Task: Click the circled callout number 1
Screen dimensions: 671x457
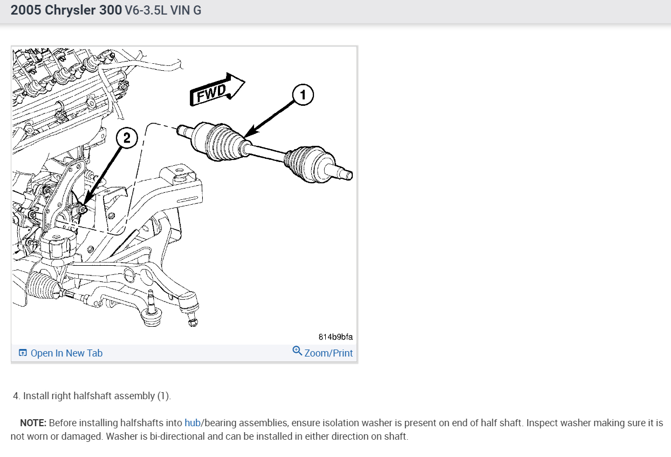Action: [x=303, y=95]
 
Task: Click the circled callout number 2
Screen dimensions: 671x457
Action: [x=127, y=138]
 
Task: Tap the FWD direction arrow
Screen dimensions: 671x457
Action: [x=217, y=90]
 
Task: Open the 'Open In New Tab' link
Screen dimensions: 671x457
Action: [x=66, y=353]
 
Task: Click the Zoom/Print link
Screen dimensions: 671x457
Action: [x=328, y=353]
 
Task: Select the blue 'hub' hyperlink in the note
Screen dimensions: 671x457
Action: [x=193, y=422]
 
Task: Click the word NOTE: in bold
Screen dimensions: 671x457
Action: [x=33, y=422]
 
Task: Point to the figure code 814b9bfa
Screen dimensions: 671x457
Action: [x=335, y=337]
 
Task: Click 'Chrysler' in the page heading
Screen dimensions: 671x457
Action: [x=71, y=10]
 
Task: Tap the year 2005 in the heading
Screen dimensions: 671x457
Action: [x=26, y=10]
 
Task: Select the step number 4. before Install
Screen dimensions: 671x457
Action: [x=17, y=396]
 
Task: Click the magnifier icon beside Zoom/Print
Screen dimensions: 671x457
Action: [x=297, y=351]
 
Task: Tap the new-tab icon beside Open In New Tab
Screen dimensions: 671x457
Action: [x=23, y=353]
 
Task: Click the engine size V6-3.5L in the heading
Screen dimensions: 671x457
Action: [x=146, y=10]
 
